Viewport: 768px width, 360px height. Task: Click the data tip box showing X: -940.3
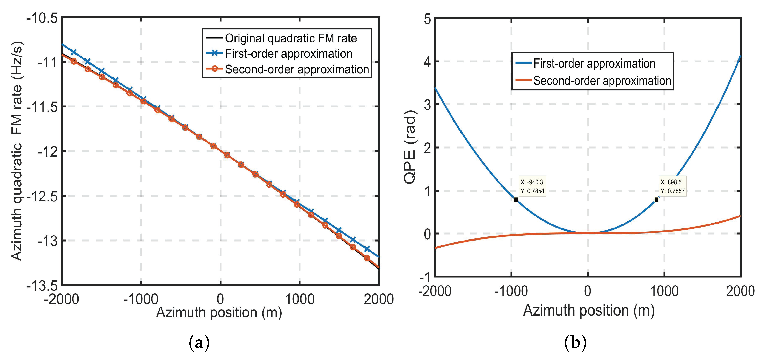tap(532, 186)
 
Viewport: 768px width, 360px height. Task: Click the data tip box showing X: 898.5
tap(673, 186)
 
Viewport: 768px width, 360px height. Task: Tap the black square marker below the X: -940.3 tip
tap(516, 200)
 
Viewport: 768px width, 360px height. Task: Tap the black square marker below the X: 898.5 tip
tap(656, 200)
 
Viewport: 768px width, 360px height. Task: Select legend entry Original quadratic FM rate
tap(291, 38)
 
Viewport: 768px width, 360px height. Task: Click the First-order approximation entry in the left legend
tap(289, 54)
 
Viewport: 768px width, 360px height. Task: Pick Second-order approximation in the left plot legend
tap(297, 69)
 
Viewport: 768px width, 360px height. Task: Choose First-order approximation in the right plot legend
tap(594, 63)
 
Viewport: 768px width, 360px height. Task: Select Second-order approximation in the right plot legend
tap(602, 81)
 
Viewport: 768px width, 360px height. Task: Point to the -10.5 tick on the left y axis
tap(42, 19)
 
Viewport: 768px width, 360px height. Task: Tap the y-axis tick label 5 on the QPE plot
tap(427, 19)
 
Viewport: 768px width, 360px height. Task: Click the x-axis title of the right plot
tap(589, 310)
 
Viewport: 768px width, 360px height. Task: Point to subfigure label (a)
tap(199, 343)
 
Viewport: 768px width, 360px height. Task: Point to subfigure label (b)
tap(575, 343)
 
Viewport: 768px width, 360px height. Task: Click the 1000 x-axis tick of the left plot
tap(300, 299)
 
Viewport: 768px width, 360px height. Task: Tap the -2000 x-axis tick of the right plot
tap(435, 291)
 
